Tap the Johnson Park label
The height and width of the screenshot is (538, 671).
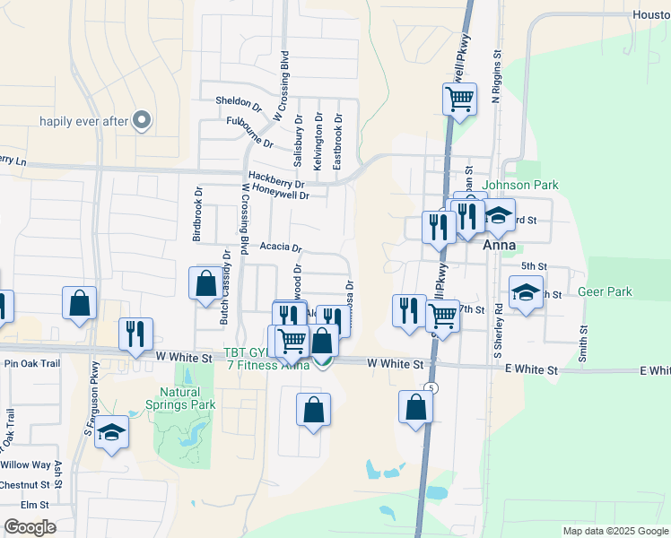[521, 186]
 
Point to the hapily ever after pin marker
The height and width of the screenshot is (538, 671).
[141, 120]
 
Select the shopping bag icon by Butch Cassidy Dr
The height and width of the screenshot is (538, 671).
[205, 282]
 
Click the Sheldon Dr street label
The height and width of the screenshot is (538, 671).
[239, 102]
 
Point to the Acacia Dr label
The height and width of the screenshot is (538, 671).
[281, 247]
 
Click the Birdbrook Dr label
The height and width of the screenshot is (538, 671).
[197, 214]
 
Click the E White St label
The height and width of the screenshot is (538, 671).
[531, 370]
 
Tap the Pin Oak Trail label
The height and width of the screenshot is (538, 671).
[31, 363]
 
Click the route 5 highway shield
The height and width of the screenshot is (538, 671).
[431, 387]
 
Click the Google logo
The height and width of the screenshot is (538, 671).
[30, 527]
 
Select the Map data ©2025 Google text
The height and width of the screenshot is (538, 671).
[614, 531]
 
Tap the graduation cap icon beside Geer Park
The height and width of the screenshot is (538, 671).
[526, 291]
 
